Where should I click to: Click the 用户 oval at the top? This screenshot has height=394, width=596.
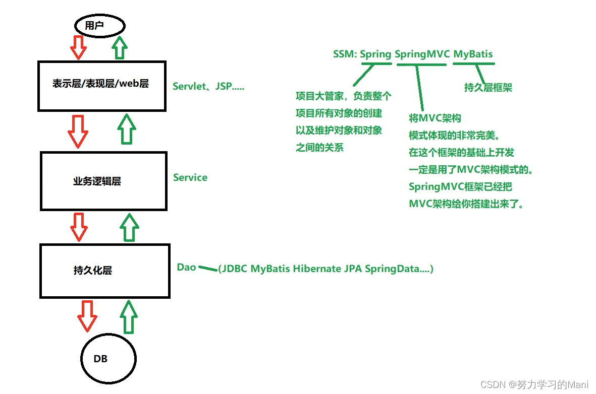99,25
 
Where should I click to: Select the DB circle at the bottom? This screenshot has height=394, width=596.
109,359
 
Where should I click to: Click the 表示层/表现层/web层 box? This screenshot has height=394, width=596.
101,86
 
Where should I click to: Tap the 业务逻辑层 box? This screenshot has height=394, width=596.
103,181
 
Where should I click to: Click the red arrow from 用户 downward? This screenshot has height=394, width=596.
79,47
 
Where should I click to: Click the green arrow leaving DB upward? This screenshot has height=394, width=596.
129,316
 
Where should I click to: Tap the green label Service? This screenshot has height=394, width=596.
190,177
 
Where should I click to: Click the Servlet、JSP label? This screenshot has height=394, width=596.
208,86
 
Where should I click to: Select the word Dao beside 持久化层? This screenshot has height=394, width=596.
186,267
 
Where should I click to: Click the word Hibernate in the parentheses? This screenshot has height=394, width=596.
317,269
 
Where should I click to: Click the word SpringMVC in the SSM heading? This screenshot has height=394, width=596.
422,54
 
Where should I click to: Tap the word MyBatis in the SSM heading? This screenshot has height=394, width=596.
473,54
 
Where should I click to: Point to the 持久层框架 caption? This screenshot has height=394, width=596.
488,87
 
